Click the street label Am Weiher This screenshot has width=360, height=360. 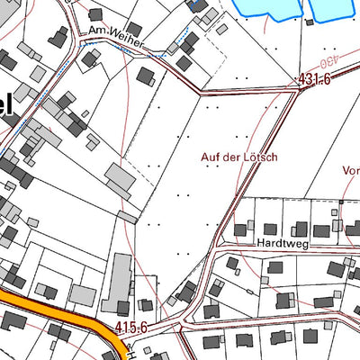point(115,33)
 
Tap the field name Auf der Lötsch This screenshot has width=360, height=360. point(238,157)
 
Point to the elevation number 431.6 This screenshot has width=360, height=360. point(316,80)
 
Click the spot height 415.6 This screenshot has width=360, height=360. point(131,328)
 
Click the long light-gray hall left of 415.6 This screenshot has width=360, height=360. point(118,283)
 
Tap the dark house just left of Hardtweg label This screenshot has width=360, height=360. point(240,230)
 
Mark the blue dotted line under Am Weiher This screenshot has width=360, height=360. point(135,51)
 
